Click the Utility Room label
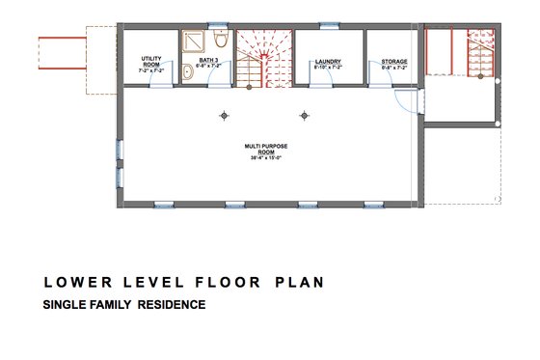149,62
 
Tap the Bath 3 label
208,62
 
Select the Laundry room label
329,62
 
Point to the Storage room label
393,62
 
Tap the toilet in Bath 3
221,41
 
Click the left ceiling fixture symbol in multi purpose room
224,115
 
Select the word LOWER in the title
71,284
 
